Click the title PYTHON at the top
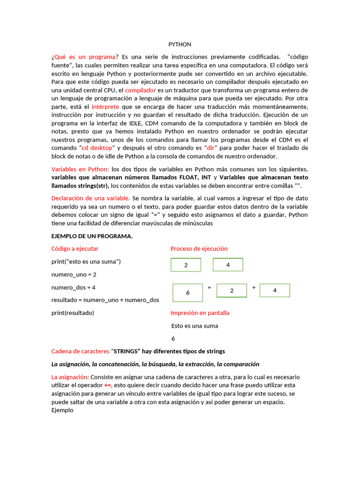[180, 45]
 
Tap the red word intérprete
[105, 107]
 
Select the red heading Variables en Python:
[80, 169]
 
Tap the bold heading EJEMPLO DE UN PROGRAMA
[92, 236]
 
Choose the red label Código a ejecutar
[75, 249]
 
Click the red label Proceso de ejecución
[199, 249]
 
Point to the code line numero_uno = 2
[74, 275]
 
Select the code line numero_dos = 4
[74, 287]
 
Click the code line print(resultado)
[73, 313]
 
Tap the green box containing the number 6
[187, 292]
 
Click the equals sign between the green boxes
[210, 287]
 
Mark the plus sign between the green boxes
[254, 287]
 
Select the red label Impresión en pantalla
[200, 313]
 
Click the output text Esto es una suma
[195, 326]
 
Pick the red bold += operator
[108, 385]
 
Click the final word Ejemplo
[62, 410]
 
